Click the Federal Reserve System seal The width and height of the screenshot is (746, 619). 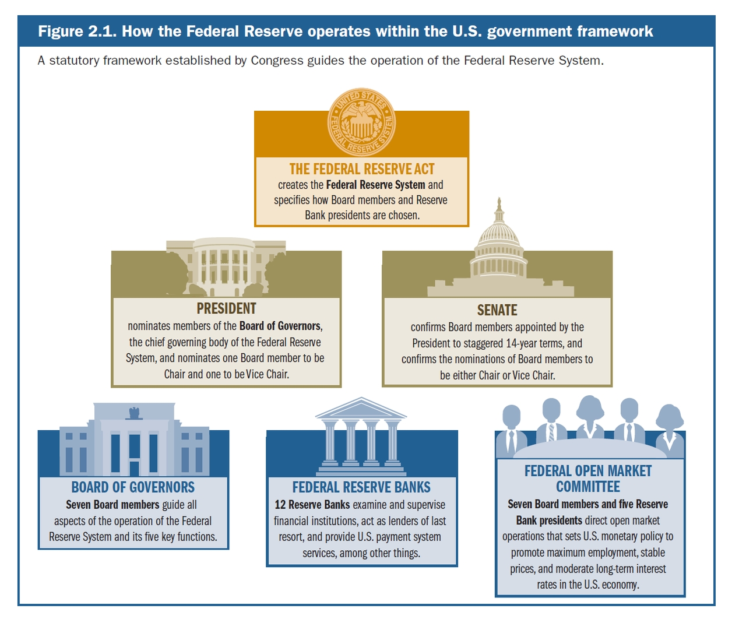[x=361, y=122]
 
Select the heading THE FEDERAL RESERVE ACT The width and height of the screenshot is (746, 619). [x=362, y=169]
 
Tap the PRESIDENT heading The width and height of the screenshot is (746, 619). [x=226, y=308]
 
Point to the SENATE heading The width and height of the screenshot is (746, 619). [x=497, y=310]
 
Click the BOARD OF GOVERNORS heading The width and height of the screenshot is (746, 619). [x=133, y=487]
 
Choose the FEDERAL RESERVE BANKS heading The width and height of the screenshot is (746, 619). [x=361, y=487]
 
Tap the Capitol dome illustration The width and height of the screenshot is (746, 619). [x=498, y=245]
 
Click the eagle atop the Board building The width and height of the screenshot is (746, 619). [x=135, y=413]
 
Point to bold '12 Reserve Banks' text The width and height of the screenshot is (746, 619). [x=312, y=505]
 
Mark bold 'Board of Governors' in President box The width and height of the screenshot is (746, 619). [x=280, y=326]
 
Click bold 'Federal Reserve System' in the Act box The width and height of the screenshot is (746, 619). [x=375, y=185]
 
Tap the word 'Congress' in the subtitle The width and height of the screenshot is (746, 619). [x=274, y=61]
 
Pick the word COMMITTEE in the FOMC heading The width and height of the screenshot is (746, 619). [x=588, y=487]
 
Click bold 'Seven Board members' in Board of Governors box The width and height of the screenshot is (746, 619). [x=112, y=505]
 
